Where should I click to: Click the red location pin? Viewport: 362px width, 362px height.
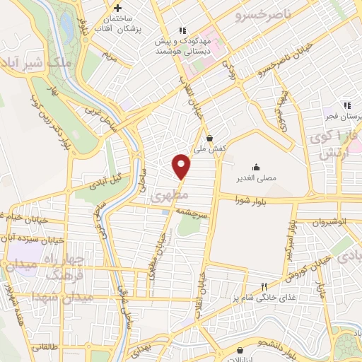(x=182, y=166)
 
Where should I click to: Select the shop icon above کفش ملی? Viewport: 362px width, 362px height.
(x=210, y=137)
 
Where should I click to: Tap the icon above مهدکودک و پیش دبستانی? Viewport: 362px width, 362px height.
(x=183, y=30)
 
